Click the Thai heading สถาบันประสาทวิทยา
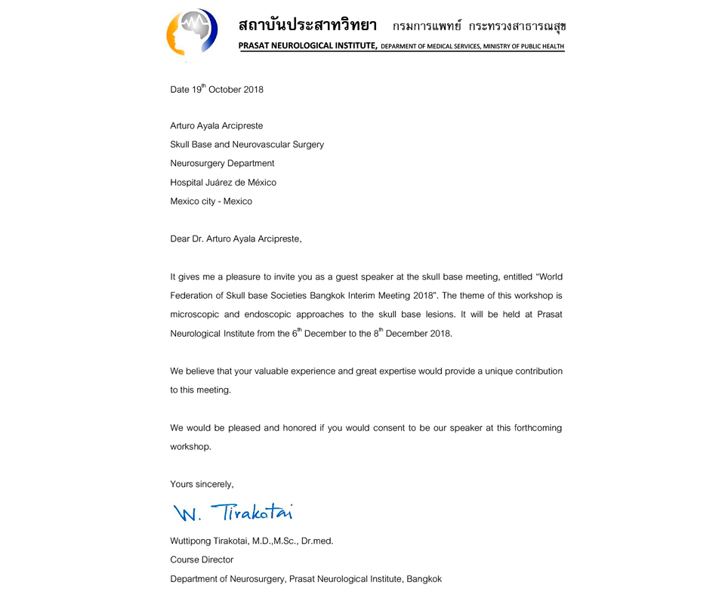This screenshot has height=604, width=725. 307,25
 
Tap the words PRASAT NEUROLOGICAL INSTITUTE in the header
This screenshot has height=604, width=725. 307,46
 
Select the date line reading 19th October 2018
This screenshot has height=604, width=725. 217,89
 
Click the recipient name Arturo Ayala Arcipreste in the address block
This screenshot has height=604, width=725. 217,126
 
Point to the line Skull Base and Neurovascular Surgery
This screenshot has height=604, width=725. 247,144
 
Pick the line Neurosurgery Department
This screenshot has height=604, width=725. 222,163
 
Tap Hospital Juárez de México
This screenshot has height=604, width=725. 224,182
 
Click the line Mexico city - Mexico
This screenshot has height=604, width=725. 211,202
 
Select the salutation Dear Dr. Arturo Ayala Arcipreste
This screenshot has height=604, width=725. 236,239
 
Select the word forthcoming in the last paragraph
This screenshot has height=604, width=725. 534,428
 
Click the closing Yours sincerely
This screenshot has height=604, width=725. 202,484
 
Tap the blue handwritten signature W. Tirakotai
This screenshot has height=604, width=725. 233,513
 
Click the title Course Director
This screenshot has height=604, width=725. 202,559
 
